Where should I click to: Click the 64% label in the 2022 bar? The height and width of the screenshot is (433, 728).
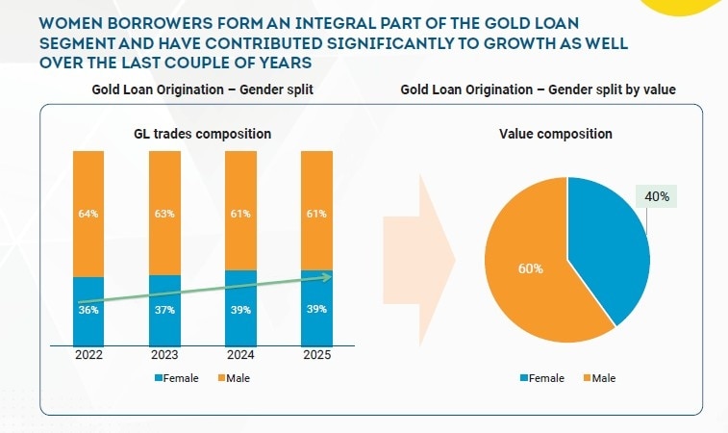(88, 214)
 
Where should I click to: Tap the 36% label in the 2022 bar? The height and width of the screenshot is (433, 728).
(88, 310)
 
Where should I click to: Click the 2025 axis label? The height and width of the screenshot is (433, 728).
(315, 354)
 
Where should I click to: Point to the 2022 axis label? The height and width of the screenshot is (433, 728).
(88, 354)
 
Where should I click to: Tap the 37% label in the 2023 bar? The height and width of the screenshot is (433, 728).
(164, 310)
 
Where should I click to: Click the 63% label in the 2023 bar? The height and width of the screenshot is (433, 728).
(164, 214)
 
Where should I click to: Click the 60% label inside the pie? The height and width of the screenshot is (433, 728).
(530, 268)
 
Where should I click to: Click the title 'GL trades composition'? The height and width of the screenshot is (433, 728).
(202, 134)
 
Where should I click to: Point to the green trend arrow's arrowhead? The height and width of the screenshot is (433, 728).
(327, 277)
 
